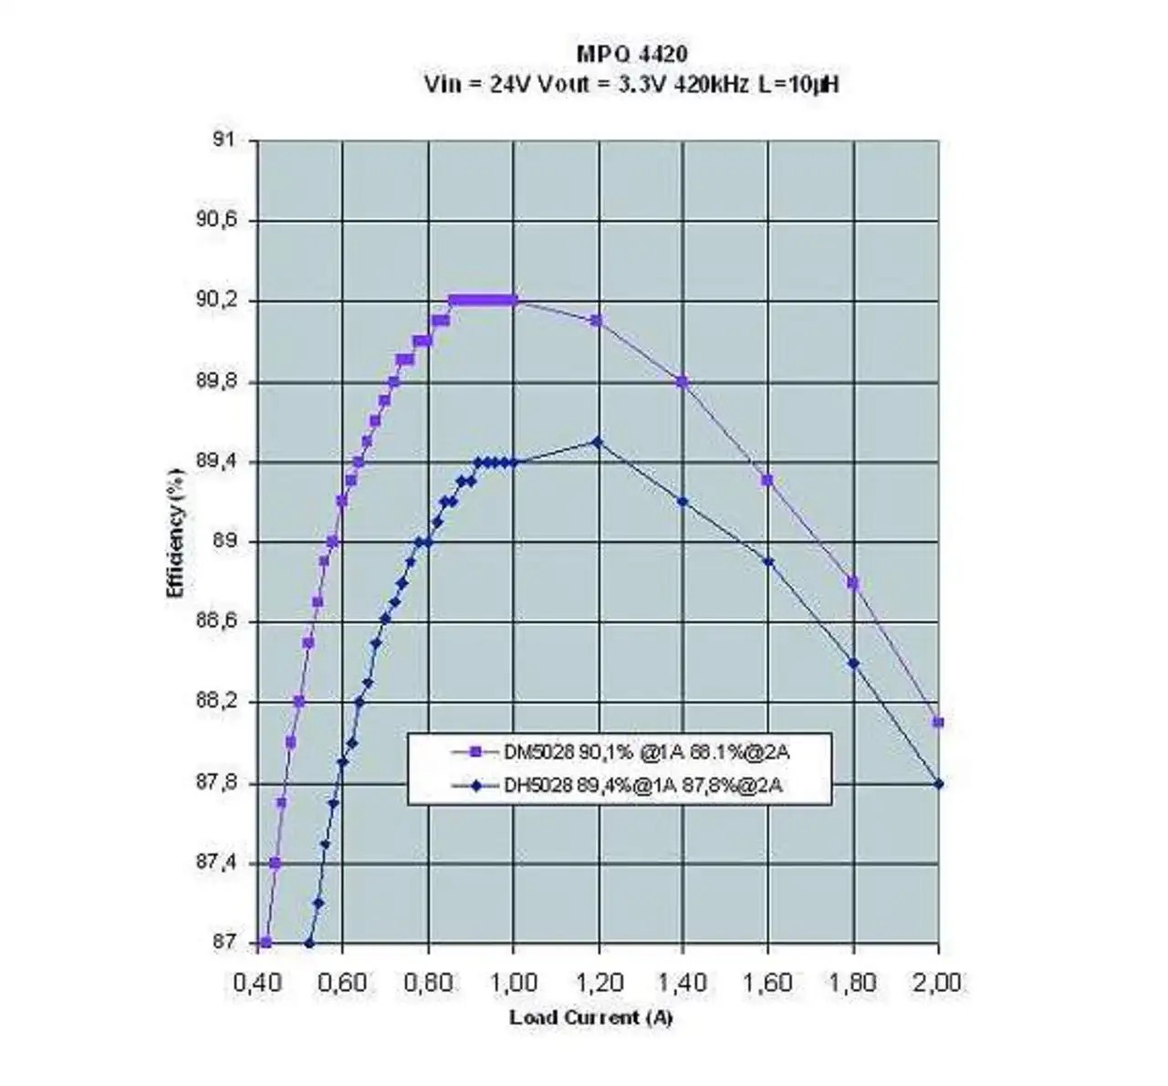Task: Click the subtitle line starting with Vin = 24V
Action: pyautogui.click(x=631, y=85)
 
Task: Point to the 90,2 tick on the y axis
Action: pyautogui.click(x=215, y=300)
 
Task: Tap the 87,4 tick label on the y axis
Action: pyautogui.click(x=215, y=862)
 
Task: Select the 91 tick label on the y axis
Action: pyautogui.click(x=223, y=140)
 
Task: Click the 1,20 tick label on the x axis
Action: pyautogui.click(x=598, y=983)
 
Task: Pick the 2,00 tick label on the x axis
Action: pyautogui.click(x=938, y=983)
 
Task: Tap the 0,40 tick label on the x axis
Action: pyautogui.click(x=258, y=983)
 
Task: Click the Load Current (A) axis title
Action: pyautogui.click(x=591, y=1017)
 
